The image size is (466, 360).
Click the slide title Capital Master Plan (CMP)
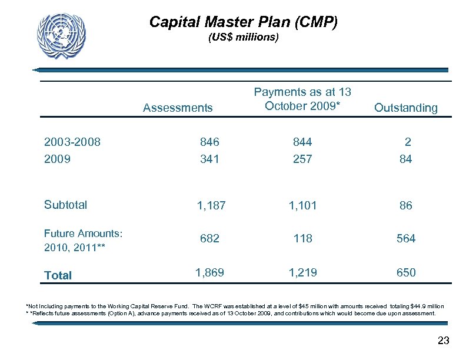(x=244, y=22)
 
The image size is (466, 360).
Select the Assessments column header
(x=178, y=108)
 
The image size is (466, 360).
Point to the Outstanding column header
(x=406, y=108)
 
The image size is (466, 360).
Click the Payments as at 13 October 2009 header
(x=302, y=99)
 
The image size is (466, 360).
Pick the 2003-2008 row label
(x=72, y=142)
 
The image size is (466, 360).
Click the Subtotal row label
(x=65, y=205)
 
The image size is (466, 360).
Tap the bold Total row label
(x=58, y=275)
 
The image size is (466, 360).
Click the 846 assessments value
(x=209, y=142)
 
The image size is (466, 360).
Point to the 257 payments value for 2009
(x=302, y=159)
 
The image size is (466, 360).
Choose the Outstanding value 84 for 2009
(x=405, y=159)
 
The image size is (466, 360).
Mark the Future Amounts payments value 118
(x=302, y=238)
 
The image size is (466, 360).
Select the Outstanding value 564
(x=406, y=238)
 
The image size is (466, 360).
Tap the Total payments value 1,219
(x=302, y=272)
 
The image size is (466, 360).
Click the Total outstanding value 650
(x=406, y=272)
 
